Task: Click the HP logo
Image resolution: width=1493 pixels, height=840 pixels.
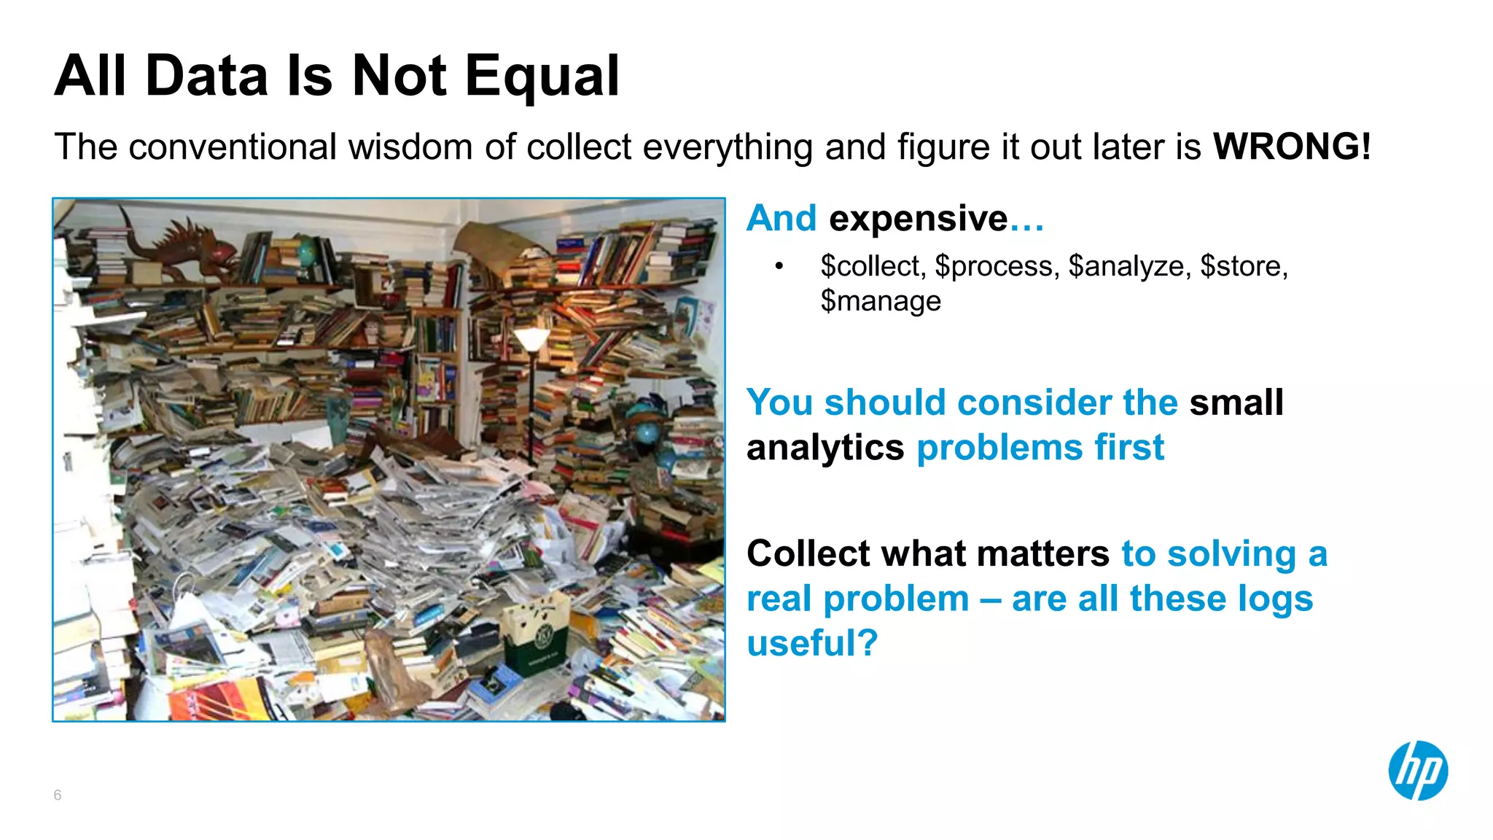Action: point(1417,771)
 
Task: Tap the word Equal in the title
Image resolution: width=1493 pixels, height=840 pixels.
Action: point(542,76)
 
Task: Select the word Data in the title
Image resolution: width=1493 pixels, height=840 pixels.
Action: point(207,76)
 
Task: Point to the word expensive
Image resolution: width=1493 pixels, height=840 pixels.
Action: point(919,218)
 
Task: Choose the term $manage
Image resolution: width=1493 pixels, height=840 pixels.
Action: point(881,301)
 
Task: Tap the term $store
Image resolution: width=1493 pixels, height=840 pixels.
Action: point(1244,266)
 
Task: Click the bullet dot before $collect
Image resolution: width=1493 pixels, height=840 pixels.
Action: point(779,267)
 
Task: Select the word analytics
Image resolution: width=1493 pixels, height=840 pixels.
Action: point(825,447)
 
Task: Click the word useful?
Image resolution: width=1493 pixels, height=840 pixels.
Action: point(812,642)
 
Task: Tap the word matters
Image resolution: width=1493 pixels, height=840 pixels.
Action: point(1043,553)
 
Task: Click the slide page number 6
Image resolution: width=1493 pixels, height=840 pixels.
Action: point(58,795)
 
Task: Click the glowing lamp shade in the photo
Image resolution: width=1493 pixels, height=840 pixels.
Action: point(531,338)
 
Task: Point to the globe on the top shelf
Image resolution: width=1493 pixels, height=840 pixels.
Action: point(307,252)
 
